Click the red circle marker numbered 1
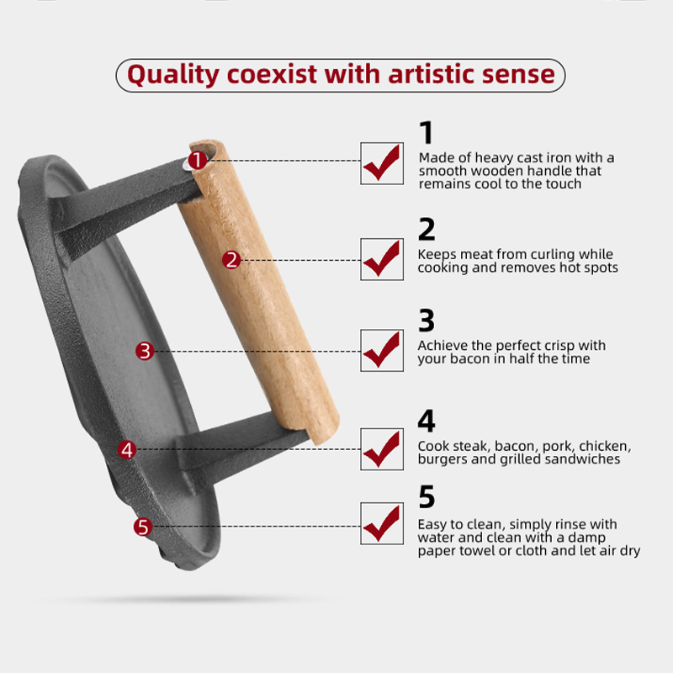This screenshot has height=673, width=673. click(198, 160)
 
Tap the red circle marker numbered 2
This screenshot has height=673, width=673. click(231, 260)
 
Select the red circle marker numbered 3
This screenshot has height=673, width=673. click(145, 351)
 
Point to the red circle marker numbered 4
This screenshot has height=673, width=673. click(127, 449)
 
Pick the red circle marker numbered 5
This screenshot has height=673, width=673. click(143, 527)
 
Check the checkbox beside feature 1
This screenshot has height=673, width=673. click(382, 163)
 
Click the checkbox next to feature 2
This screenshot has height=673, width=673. click(382, 259)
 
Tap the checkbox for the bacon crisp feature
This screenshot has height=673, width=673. click(382, 350)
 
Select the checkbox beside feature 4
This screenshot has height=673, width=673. click(382, 449)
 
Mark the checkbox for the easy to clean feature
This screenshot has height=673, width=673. click(382, 523)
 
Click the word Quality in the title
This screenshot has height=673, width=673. click(173, 75)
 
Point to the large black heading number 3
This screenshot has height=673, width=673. click(427, 321)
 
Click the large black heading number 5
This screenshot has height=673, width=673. click(427, 496)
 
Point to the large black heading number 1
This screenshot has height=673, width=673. click(427, 133)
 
